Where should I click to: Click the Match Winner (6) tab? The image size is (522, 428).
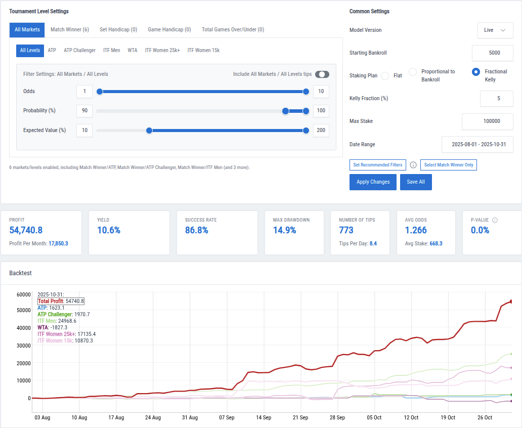coord(70,30)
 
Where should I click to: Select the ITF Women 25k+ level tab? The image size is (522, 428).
coord(162,51)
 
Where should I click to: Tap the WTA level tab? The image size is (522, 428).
coord(133,51)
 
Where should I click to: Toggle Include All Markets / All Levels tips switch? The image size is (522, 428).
coord(322,74)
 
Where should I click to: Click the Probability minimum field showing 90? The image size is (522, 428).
coord(84,111)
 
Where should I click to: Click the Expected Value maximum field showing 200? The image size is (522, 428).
coord(321,131)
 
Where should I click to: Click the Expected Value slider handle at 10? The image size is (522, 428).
coord(149,131)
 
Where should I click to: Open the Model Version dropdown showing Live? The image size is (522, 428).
coord(495,30)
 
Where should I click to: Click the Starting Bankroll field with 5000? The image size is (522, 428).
coord(492,53)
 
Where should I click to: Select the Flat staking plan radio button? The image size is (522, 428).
coord(385,76)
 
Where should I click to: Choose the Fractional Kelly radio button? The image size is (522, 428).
coord(475,72)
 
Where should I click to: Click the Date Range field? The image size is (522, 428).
coord(477,145)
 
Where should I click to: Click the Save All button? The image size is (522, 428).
coord(416,182)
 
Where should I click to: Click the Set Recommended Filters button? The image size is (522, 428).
coord(377,165)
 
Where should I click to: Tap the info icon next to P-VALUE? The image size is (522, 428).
coord(495,221)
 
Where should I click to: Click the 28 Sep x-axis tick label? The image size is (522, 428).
coord(337,418)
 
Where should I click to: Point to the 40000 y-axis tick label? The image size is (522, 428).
coord(24,328)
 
